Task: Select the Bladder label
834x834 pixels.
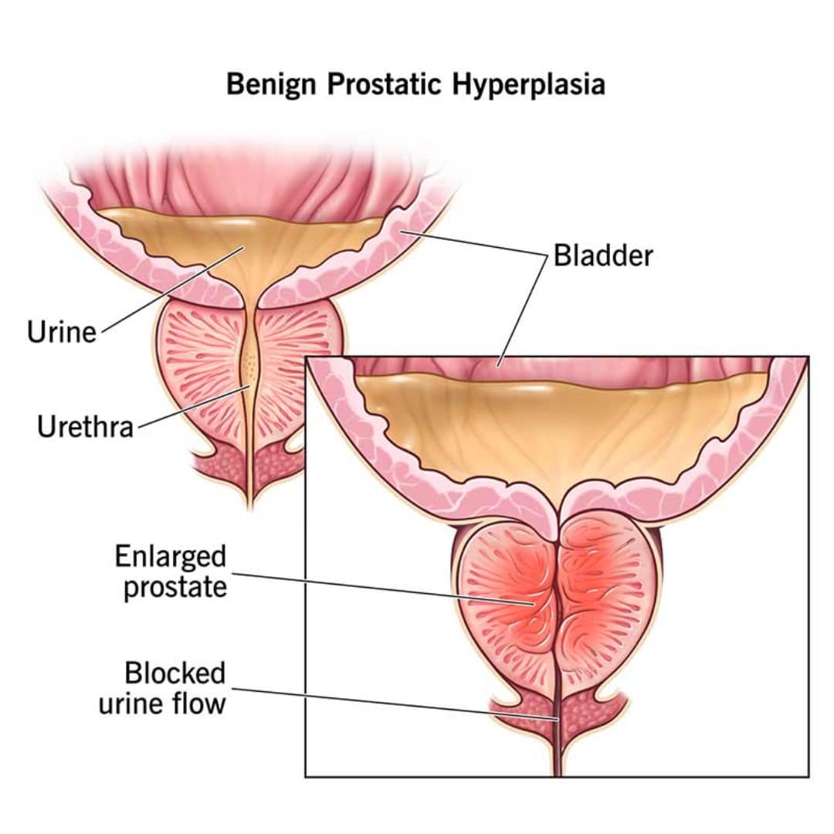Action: [603, 256]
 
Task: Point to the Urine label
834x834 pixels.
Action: [62, 332]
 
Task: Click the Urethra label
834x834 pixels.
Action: [85, 426]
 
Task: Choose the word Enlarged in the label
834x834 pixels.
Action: [171, 556]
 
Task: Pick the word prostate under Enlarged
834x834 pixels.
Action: [175, 586]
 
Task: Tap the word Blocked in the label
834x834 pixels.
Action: [175, 673]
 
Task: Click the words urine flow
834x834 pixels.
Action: [162, 703]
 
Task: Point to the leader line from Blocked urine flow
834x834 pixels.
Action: [386, 702]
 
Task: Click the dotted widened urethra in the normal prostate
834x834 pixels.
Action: [248, 363]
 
